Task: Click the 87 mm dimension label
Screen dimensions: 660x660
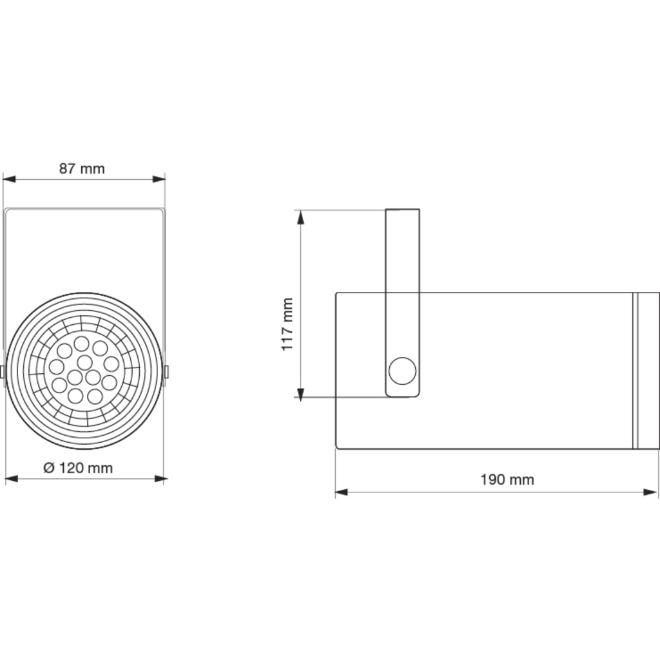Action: pyautogui.click(x=82, y=169)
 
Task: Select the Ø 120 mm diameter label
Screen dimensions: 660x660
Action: pyautogui.click(x=78, y=468)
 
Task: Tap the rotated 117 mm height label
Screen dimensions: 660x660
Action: pyautogui.click(x=287, y=324)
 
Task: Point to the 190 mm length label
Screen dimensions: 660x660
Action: pyautogui.click(x=507, y=480)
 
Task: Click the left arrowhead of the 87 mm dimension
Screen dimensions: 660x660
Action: pyautogui.click(x=9, y=179)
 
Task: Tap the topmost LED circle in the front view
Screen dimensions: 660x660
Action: pyautogui.click(x=82, y=343)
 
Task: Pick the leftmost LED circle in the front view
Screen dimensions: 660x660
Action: pyautogui.click(x=57, y=367)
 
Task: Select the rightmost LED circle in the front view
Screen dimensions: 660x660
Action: pyautogui.click(x=112, y=364)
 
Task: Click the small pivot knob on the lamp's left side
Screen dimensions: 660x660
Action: pyautogui.click(x=3, y=372)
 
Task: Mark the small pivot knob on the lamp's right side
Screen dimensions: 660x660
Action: pyautogui.click(x=167, y=372)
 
